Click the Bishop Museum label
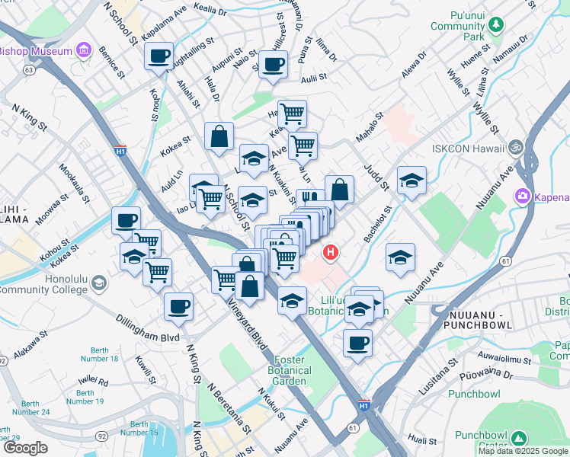coord(34,52)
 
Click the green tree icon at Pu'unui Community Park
coord(496,25)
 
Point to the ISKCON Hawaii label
coord(465,149)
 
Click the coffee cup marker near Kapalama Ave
coord(159,56)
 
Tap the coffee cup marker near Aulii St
coord(273,64)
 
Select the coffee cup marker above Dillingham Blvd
coord(179,306)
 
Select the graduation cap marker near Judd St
coord(411,181)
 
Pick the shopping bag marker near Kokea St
coord(219,136)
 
